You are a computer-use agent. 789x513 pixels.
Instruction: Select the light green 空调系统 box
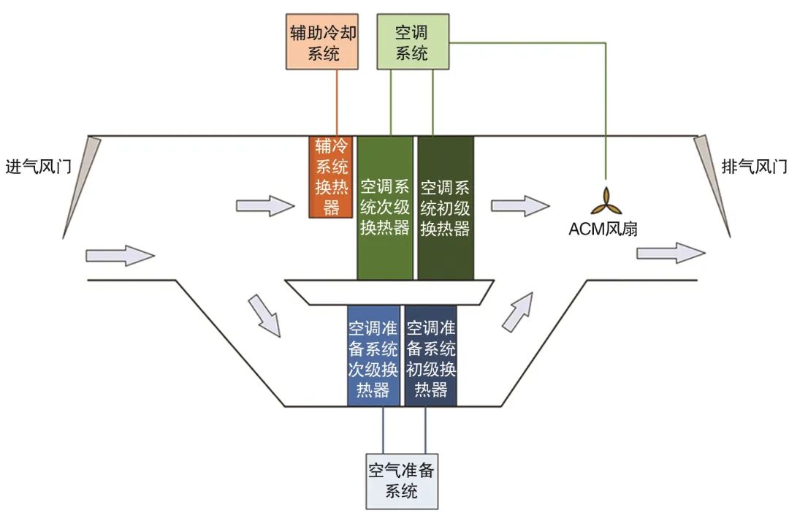411,42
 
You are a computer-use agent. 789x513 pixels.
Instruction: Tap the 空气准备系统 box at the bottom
402,480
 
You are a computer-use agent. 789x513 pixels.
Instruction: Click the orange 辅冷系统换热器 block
331,177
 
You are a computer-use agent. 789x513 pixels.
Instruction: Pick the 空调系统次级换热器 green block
385,208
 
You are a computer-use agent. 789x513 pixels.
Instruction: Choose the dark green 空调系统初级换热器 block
445,208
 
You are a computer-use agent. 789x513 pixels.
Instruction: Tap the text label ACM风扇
604,229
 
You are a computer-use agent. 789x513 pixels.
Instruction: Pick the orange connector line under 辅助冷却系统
338,102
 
